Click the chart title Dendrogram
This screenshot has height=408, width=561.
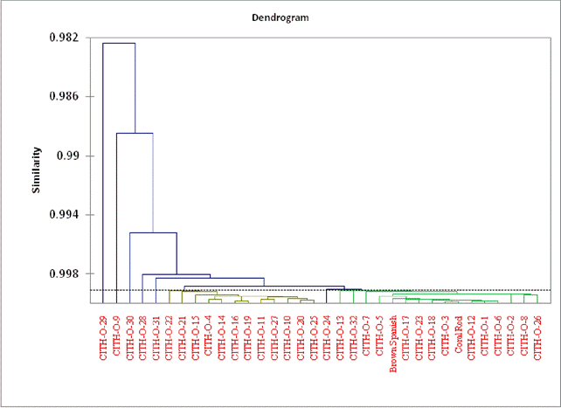(x=279, y=16)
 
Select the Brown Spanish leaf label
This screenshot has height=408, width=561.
(x=393, y=342)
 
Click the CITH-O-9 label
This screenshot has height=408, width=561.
(x=117, y=336)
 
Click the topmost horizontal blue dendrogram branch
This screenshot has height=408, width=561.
(x=119, y=43)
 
